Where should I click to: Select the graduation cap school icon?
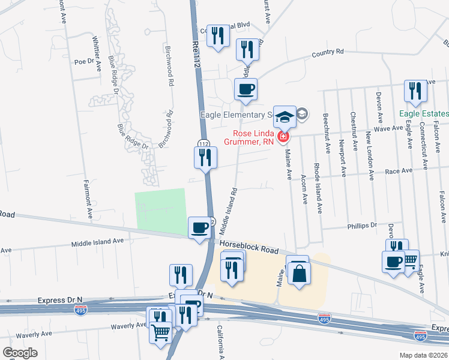click(x=285, y=116)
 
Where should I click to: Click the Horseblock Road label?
click(x=249, y=246)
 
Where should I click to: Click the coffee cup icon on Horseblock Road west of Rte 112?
click(x=200, y=227)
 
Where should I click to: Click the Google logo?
click(x=20, y=352)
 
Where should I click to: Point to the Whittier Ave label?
click(x=97, y=53)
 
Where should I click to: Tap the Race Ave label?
click(x=399, y=171)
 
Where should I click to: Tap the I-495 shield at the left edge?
click(x=80, y=310)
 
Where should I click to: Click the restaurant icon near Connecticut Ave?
click(x=415, y=91)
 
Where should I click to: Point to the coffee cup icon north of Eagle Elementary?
click(x=246, y=90)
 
